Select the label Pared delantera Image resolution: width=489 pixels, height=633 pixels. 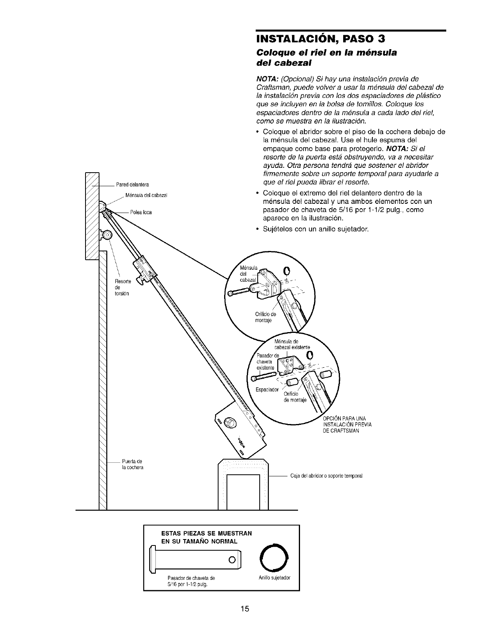coord(132,185)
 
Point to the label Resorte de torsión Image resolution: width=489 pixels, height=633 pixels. coord(120,287)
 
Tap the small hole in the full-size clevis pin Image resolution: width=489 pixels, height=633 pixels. coord(231,558)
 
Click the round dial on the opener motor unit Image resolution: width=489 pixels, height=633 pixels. coord(230,422)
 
